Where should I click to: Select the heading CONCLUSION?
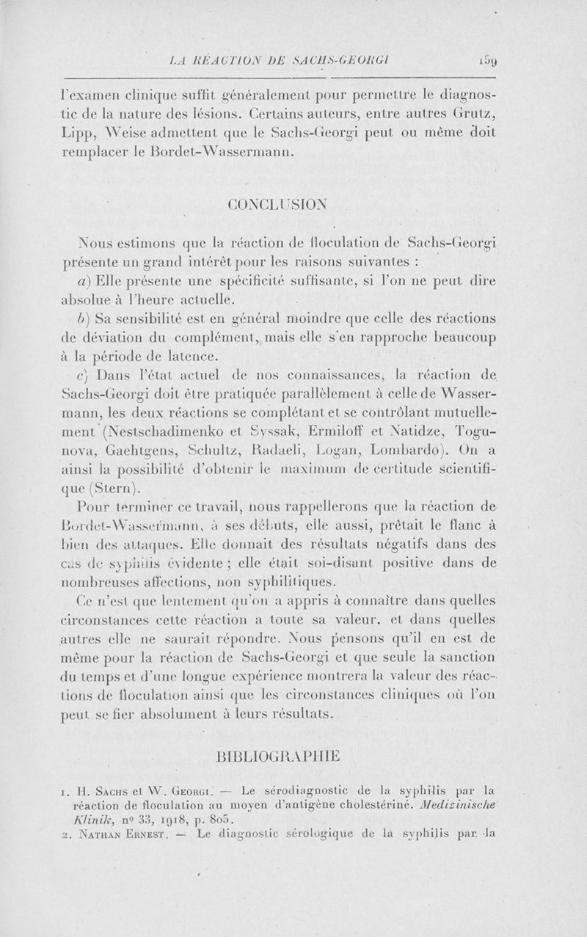[293, 203]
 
